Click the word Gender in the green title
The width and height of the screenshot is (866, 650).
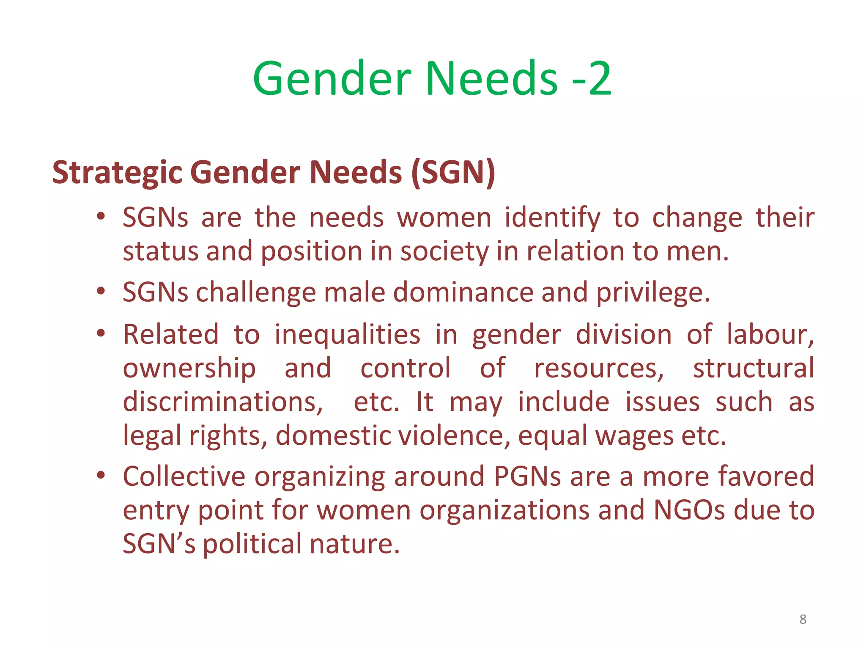click(x=332, y=79)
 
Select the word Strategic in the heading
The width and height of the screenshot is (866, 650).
click(x=117, y=173)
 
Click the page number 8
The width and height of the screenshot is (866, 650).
click(x=803, y=619)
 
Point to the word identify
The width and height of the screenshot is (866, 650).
click(x=552, y=218)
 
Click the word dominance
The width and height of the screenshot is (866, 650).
click(x=463, y=292)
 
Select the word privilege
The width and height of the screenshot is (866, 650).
click(x=653, y=293)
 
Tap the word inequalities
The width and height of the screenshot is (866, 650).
click(x=347, y=335)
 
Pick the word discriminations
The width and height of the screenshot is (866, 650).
click(x=223, y=402)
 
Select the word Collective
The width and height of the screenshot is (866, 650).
click(x=184, y=476)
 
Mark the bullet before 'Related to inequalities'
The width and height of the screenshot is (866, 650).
click(x=101, y=333)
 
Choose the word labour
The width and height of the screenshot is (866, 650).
click(x=770, y=335)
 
